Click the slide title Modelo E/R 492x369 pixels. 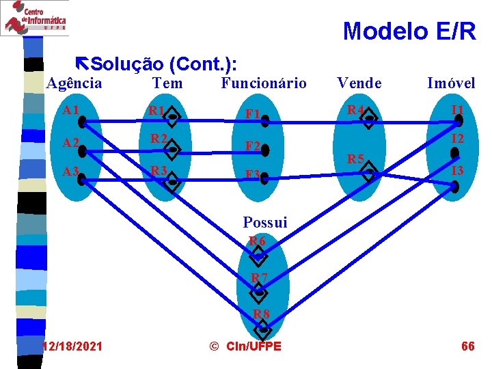coord(409,31)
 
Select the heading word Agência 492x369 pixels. coord(74,83)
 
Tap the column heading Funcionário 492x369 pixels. coord(264,83)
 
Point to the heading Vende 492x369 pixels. coord(359,83)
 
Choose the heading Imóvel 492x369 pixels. coord(451,83)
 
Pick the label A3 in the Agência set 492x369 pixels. coord(70,171)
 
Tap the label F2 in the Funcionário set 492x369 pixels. coord(252,146)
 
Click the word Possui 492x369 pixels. coord(265,222)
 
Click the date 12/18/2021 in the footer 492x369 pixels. coord(72,346)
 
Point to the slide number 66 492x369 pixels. coord(467,346)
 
